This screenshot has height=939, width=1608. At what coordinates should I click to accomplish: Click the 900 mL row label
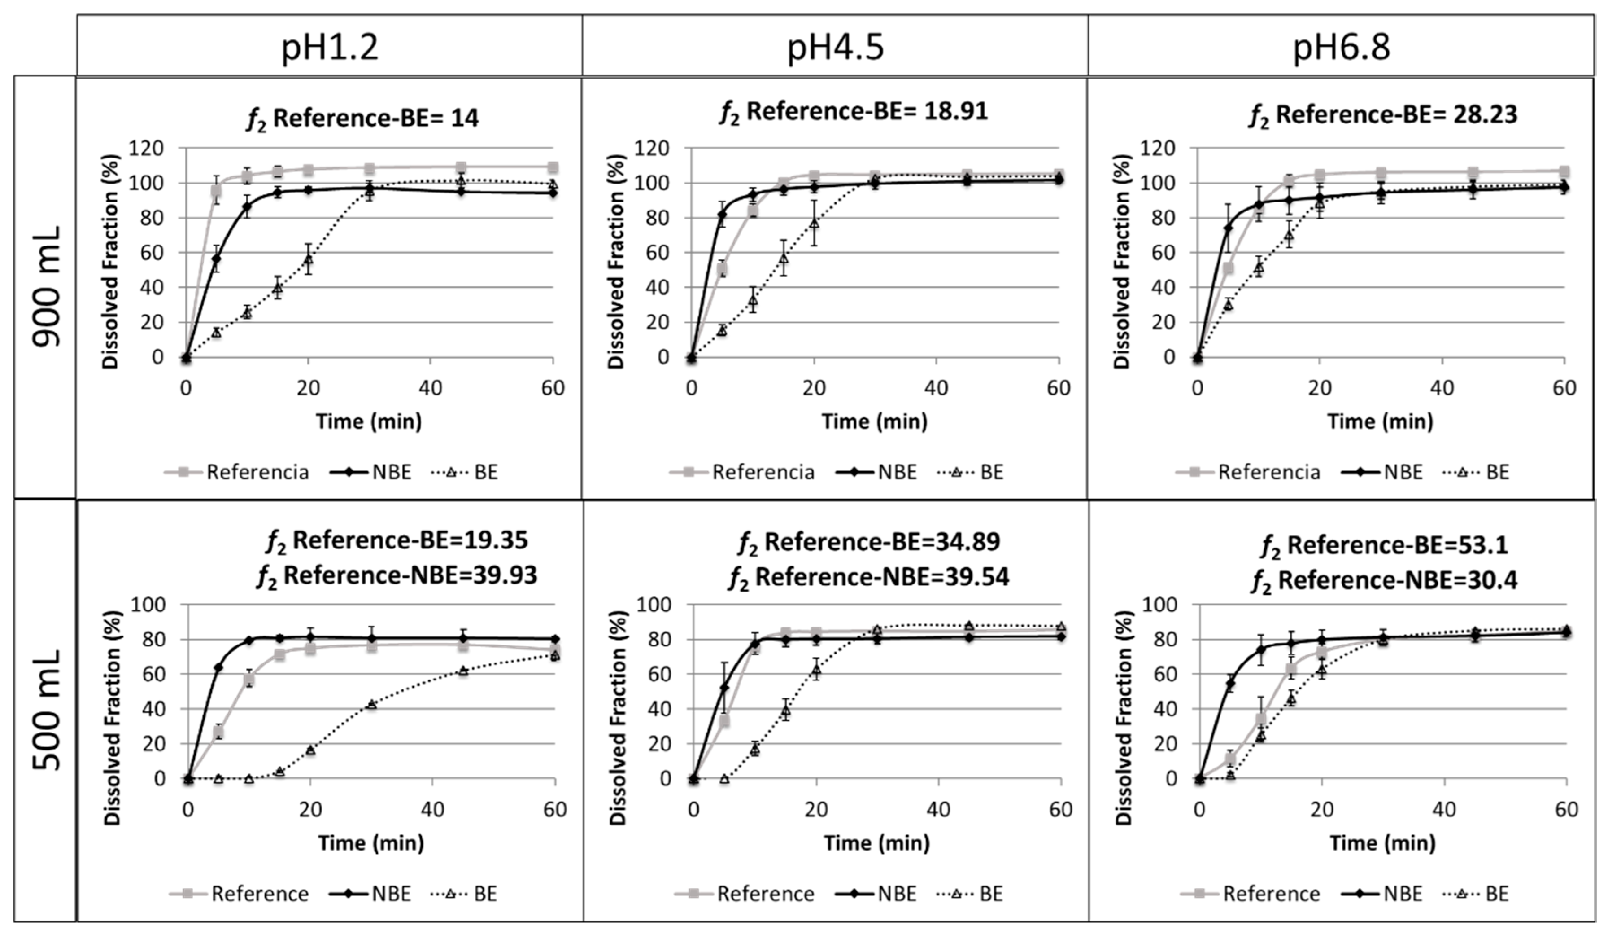coord(46,286)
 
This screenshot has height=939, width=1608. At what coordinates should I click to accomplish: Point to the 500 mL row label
coord(46,709)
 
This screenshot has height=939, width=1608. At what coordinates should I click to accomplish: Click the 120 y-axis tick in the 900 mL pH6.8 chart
coord(1157,149)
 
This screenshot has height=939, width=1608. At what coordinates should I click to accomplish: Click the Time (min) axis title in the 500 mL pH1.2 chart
coord(371,843)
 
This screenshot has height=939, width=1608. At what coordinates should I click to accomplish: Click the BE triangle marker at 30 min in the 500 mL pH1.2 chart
coord(371,704)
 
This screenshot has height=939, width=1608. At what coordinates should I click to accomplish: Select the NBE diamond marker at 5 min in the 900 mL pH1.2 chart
coord(216,259)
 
